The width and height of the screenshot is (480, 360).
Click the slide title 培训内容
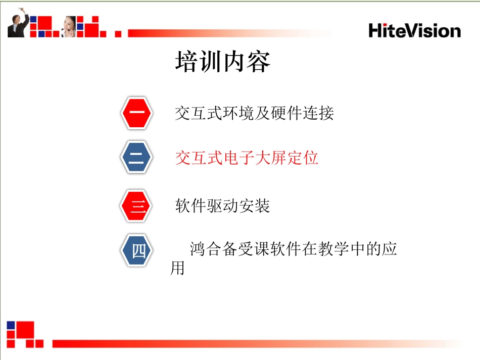[x=223, y=63]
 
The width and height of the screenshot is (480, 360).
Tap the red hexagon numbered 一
[x=137, y=113]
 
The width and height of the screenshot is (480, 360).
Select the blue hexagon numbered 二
[x=137, y=158]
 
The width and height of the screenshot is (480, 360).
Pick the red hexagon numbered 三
[x=137, y=205]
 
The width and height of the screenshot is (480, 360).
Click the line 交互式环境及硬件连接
[x=254, y=113]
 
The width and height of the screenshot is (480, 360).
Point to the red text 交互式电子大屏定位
[x=247, y=158]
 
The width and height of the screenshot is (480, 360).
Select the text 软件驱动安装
[x=222, y=206]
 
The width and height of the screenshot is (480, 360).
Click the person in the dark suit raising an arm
[x=18, y=24]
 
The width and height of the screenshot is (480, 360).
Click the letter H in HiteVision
[x=375, y=30]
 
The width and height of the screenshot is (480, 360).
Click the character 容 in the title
[x=259, y=63]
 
